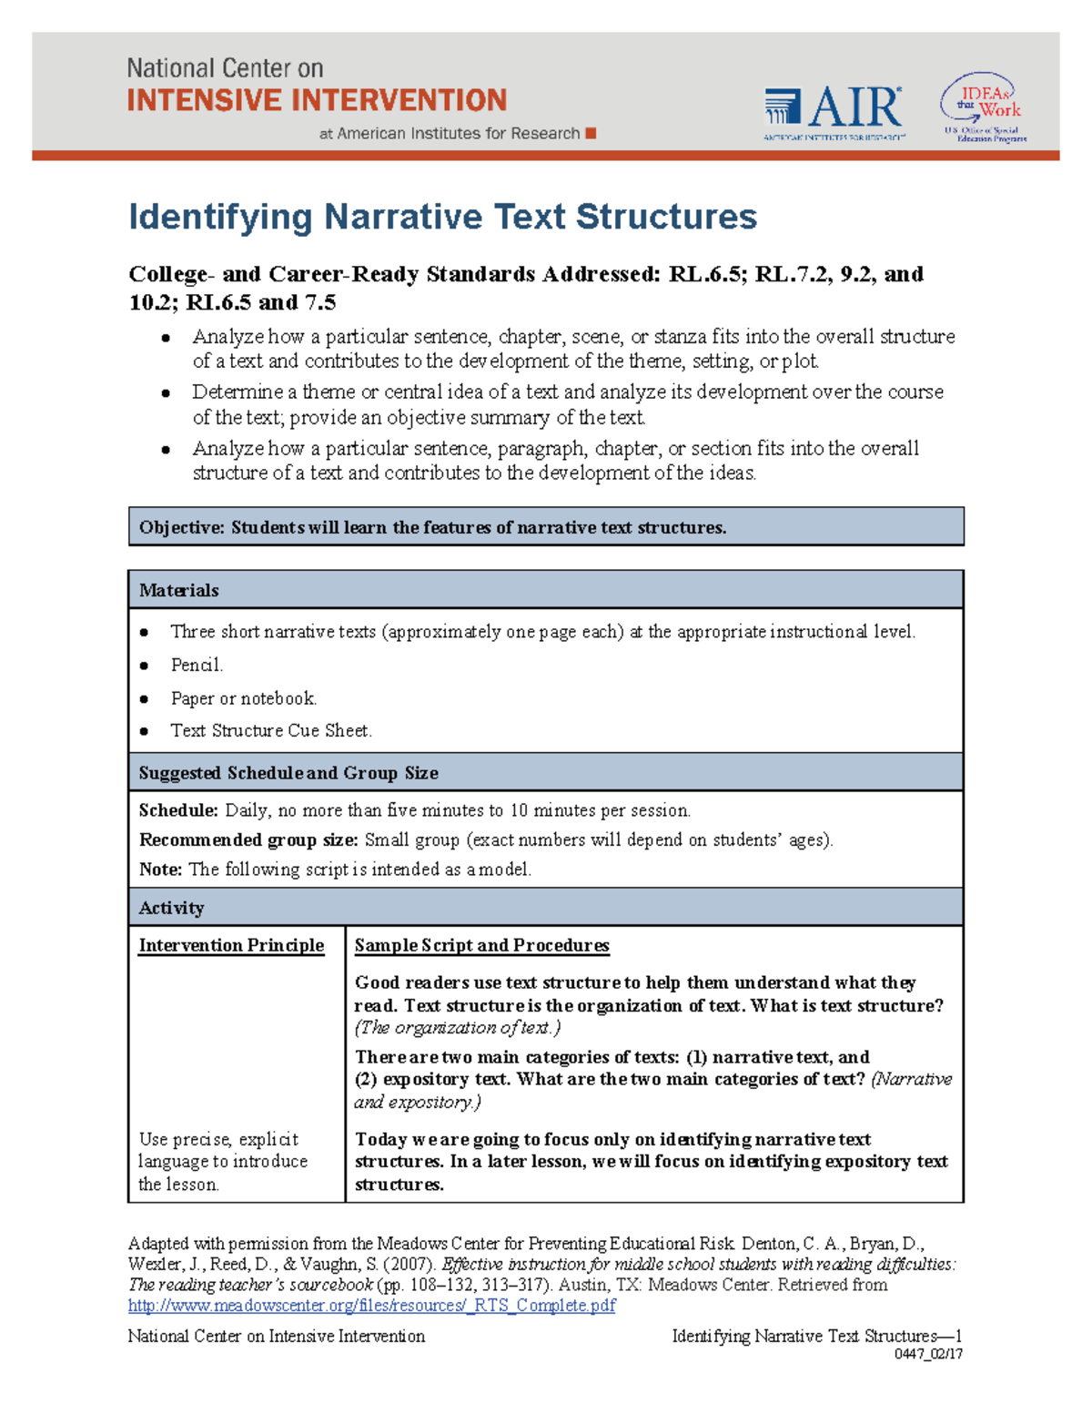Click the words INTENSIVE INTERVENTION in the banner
(317, 100)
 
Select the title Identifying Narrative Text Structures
(442, 217)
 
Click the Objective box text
(432, 527)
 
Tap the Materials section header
(178, 590)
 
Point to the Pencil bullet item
(197, 665)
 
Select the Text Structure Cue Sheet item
(271, 730)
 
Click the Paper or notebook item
(243, 698)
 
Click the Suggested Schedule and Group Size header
(288, 773)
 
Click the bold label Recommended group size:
(248, 839)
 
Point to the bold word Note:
(160, 870)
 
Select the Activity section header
(171, 908)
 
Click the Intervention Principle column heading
(231, 945)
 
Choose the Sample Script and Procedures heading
(481, 945)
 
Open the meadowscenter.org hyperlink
(371, 1306)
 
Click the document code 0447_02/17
(928, 1354)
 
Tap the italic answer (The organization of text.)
(457, 1028)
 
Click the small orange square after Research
(591, 133)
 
